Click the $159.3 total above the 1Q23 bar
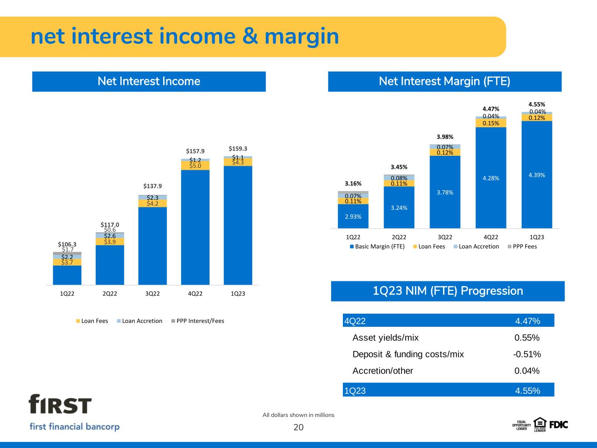click(x=237, y=149)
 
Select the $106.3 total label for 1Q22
click(x=67, y=244)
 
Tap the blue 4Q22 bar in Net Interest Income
click(x=195, y=227)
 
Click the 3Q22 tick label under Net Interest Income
click(x=152, y=294)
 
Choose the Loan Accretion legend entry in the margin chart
click(x=478, y=247)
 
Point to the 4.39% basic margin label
click(x=537, y=175)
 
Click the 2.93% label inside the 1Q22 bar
click(x=353, y=216)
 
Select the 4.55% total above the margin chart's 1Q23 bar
click(x=537, y=105)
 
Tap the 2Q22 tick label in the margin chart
click(x=399, y=237)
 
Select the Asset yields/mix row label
click(x=385, y=338)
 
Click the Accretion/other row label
click(x=382, y=371)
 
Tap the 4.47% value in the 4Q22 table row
click(x=527, y=321)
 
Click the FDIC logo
click(x=558, y=424)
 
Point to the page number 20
click(x=298, y=427)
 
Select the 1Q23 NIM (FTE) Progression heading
click(x=447, y=291)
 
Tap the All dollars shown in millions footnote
click(x=298, y=415)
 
